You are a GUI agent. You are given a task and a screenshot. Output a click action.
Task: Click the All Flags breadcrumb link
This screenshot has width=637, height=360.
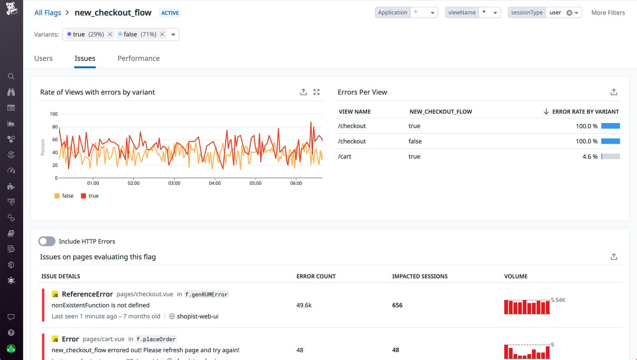[48, 13]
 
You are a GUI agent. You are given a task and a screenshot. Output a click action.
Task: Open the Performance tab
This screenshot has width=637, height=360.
[138, 58]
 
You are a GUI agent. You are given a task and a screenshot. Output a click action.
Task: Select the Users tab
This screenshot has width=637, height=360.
[43, 58]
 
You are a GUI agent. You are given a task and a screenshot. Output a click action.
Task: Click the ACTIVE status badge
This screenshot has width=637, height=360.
[170, 13]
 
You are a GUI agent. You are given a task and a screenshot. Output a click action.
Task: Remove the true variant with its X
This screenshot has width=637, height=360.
[110, 34]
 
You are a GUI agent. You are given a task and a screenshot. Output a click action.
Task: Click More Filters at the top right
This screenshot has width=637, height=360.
[608, 13]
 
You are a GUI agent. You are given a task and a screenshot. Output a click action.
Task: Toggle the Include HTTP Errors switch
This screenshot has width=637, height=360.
[47, 241]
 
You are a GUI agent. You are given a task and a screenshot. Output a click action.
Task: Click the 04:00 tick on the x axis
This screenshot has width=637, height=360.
[215, 183]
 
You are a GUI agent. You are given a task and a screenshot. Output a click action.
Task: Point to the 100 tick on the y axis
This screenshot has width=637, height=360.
[54, 114]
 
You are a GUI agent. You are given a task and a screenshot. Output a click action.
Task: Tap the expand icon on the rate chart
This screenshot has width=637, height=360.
[317, 92]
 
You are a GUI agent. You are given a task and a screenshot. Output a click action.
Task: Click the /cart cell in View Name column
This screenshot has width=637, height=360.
[345, 156]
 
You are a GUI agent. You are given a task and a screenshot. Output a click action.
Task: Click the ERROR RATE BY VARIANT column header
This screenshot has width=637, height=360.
[585, 112]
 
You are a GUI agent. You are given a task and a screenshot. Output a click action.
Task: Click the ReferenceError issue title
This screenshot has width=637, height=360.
[87, 294]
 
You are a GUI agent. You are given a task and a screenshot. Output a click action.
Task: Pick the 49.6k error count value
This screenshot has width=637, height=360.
[304, 305]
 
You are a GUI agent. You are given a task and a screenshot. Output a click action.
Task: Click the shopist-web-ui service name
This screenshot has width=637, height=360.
[197, 316]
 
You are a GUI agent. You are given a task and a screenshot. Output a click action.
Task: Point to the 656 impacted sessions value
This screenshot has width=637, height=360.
[397, 305]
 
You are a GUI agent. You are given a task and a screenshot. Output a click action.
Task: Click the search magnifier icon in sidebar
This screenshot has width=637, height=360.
[11, 76]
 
